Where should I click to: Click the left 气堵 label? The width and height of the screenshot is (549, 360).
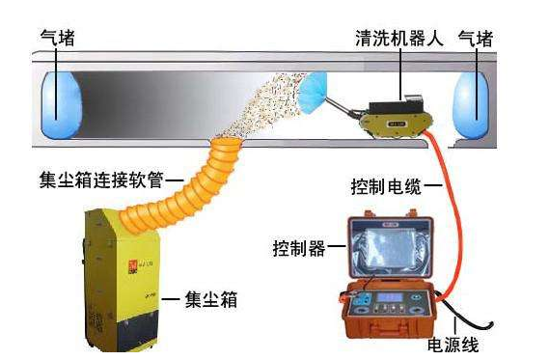coord(58,39)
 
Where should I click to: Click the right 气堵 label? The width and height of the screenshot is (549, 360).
coord(476,39)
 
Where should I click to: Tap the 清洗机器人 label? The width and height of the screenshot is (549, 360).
coord(399,38)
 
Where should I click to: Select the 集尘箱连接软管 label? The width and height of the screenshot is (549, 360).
coord(101,180)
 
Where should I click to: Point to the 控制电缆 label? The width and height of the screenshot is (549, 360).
coord(386,186)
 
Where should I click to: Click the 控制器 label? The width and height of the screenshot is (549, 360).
coord(299,248)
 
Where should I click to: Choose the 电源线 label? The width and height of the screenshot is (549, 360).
coord(453,345)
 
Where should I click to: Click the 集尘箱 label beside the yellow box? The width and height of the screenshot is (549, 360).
coord(211,299)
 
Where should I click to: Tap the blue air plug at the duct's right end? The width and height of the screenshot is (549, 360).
coord(470,105)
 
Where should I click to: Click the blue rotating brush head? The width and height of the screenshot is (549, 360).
coord(312,93)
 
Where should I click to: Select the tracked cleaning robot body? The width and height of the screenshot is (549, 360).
coord(396,118)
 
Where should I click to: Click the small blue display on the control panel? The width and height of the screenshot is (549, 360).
coord(390,298)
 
